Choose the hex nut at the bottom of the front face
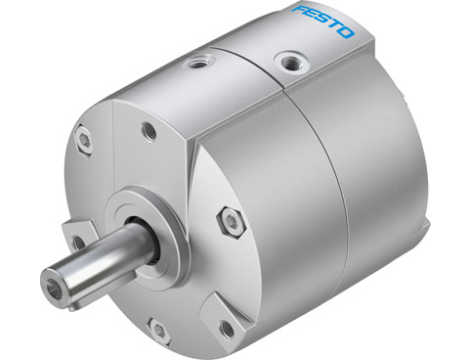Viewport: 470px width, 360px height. (x=157, y=327)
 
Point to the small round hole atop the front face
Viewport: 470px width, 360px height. (x=148, y=130)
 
